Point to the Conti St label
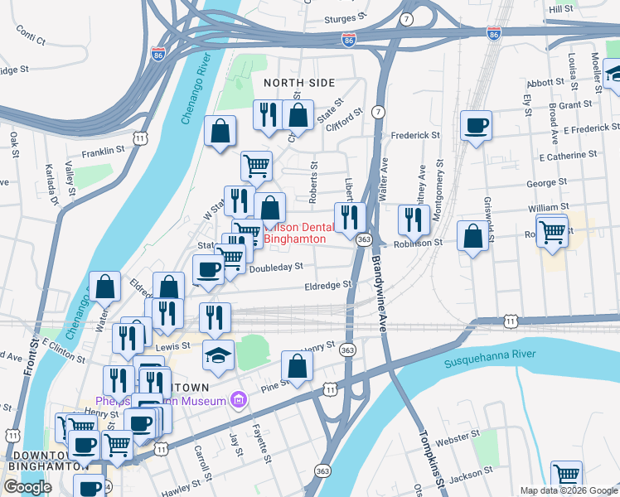[x=30, y=35]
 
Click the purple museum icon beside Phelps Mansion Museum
[x=240, y=402]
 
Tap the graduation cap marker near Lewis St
[x=219, y=354]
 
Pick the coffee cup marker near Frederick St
[x=476, y=126]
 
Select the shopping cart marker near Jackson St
[x=567, y=475]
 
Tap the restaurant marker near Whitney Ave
[x=411, y=220]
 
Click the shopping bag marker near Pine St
[x=297, y=365]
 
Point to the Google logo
[x=28, y=487]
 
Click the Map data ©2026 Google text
[x=568, y=490]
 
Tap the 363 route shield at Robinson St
[x=364, y=239]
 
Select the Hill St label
[x=560, y=8]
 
